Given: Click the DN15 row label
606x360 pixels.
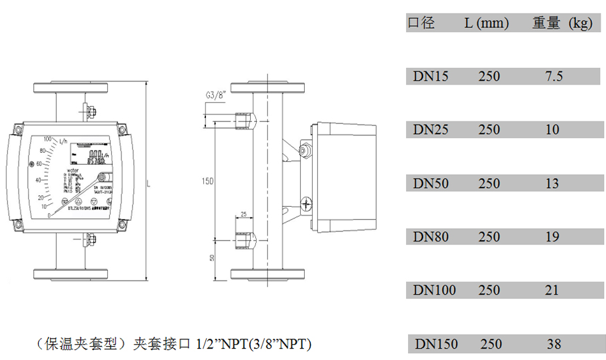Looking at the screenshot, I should (431, 76).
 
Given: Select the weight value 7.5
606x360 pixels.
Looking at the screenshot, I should (553, 76).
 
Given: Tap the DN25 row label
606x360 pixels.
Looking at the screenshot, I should (431, 129).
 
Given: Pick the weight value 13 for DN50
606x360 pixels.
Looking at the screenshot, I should (552, 183).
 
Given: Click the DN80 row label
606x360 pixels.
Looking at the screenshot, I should (431, 237).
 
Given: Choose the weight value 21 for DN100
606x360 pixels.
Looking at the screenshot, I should (552, 290).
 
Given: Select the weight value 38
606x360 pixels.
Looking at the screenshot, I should (554, 344).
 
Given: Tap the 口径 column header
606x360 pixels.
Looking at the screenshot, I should (421, 23).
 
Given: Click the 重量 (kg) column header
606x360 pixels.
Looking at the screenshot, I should (562, 23).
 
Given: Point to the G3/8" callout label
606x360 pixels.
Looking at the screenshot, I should (216, 95).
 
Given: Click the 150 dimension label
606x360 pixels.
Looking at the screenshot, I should (209, 181).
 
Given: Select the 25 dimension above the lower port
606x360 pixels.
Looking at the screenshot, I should (243, 214).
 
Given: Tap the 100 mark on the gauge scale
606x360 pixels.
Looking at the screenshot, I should (47, 139).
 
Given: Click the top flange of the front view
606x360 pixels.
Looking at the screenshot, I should (72, 87).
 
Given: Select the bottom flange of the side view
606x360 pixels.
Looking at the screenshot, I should (269, 273).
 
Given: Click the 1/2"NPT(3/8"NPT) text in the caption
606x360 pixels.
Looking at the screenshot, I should (254, 345).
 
